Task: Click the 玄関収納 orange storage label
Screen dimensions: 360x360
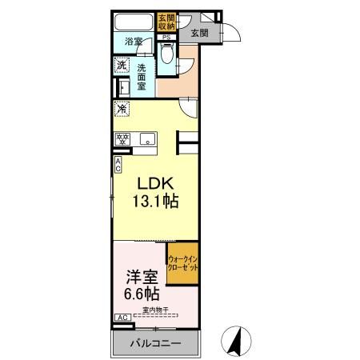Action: tap(166, 22)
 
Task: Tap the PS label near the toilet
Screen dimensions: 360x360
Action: tap(166, 37)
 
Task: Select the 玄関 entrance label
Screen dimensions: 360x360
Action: tap(198, 34)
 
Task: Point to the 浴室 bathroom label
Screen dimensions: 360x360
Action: tap(133, 41)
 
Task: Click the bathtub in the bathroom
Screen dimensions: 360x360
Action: tap(133, 22)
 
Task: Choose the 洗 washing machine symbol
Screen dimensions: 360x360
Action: tap(122, 65)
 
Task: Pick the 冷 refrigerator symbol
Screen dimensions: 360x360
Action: tap(122, 108)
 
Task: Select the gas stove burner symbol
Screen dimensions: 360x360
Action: tap(124, 139)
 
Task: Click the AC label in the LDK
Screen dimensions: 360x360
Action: tap(118, 165)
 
